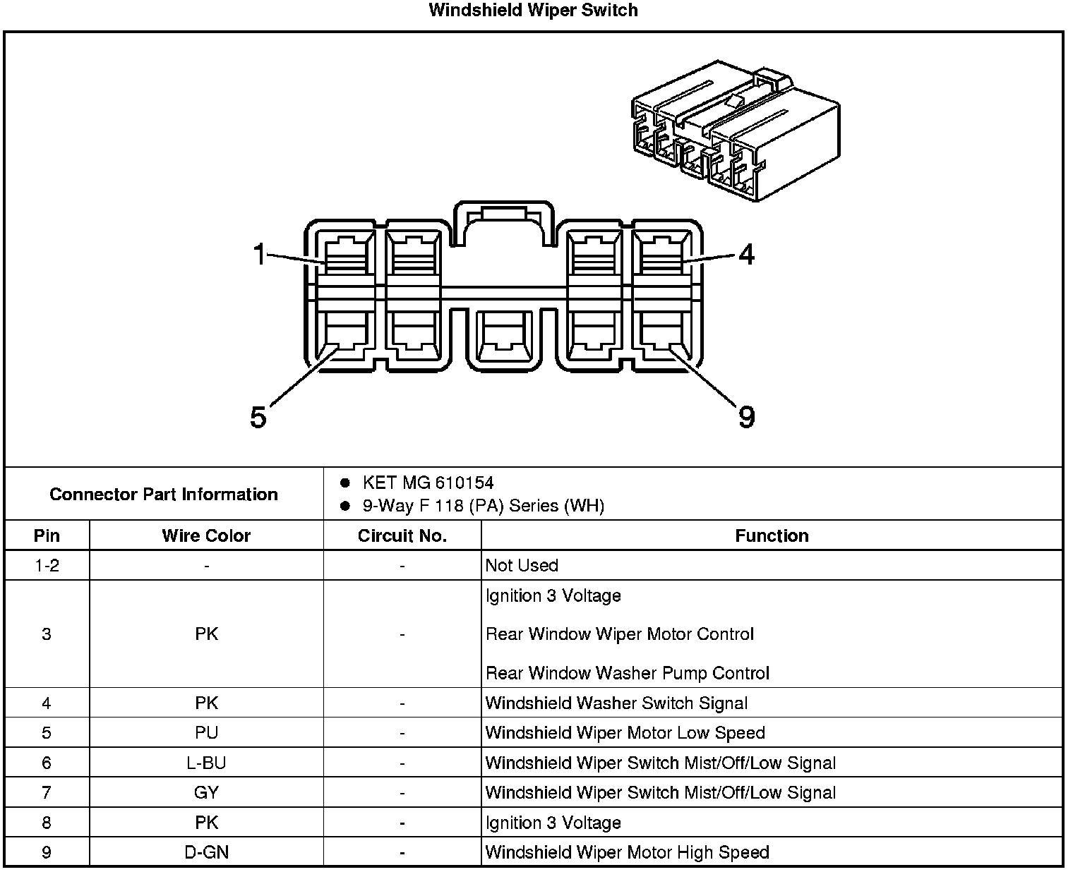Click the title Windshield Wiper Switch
pyautogui.click(x=533, y=11)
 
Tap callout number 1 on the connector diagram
pyautogui.click(x=260, y=254)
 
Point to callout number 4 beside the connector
pyautogui.click(x=746, y=254)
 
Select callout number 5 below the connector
pyautogui.click(x=258, y=418)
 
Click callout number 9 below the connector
pyautogui.click(x=746, y=418)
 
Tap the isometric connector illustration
pyautogui.click(x=736, y=131)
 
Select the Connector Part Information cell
pyautogui.click(x=164, y=494)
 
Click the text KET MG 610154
pyautogui.click(x=428, y=483)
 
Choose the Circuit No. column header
pyautogui.click(x=402, y=536)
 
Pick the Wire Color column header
pyautogui.click(x=206, y=536)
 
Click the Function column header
pyautogui.click(x=772, y=536)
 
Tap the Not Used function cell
pyautogui.click(x=522, y=566)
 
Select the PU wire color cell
pyautogui.click(x=206, y=733)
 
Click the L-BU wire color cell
pyautogui.click(x=206, y=763)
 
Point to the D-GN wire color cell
pyautogui.click(x=206, y=853)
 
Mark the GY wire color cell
pyautogui.click(x=206, y=793)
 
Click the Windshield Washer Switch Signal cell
pyautogui.click(x=616, y=703)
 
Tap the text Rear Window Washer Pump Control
pyautogui.click(x=627, y=673)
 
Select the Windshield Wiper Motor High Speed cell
pyautogui.click(x=627, y=853)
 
